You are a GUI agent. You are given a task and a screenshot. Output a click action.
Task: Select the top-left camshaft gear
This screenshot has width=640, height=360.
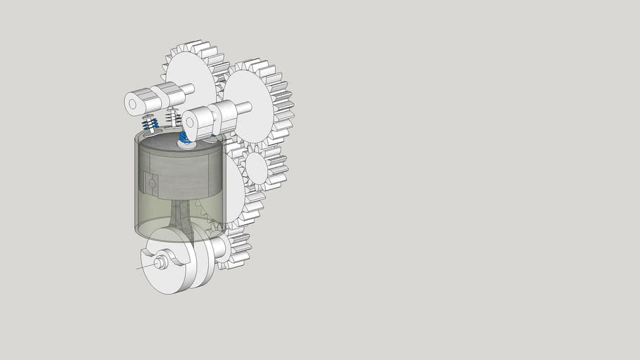[190, 70]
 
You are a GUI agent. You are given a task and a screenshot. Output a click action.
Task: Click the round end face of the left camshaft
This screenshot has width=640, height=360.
[132, 103]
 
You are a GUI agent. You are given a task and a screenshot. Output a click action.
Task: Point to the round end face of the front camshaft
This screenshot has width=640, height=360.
[191, 122]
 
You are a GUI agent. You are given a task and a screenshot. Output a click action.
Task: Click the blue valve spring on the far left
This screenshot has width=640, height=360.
[149, 125]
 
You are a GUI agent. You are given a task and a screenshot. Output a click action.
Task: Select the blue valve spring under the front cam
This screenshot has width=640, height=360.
[185, 136]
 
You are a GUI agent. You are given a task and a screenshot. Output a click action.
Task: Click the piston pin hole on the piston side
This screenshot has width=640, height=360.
[152, 184]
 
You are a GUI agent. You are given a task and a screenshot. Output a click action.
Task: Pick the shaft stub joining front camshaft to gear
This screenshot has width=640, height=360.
[243, 108]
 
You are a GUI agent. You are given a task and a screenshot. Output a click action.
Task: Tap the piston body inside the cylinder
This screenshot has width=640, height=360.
[183, 176]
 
